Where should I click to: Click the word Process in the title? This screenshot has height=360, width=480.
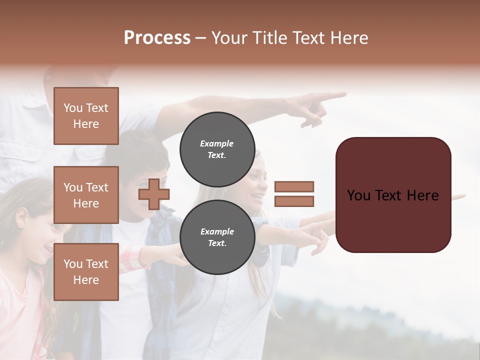[157, 38]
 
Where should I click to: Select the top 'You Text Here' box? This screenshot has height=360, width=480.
[86, 116]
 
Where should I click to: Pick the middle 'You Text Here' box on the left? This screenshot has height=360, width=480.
[86, 195]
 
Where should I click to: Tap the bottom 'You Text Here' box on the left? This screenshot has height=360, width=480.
[86, 271]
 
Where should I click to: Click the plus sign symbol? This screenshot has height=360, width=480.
[154, 194]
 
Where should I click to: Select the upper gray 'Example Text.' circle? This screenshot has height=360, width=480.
[217, 149]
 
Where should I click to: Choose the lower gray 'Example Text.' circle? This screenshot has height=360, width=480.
[217, 237]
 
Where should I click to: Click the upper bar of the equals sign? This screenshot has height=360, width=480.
[294, 186]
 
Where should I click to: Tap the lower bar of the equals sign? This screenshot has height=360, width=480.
[294, 201]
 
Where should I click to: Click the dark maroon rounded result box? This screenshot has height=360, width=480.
[393, 195]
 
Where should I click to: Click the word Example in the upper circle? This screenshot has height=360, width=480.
[217, 143]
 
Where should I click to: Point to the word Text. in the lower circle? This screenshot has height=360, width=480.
[217, 243]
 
